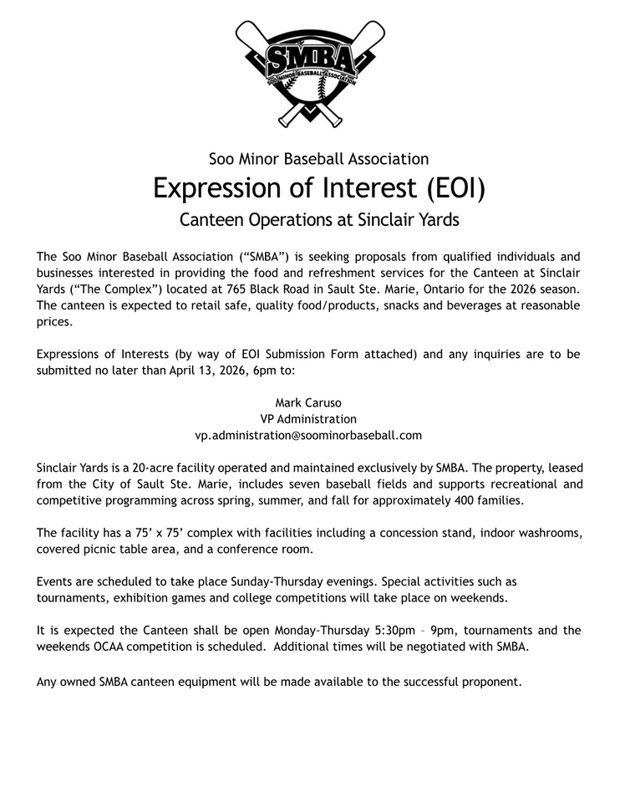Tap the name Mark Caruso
click(x=308, y=402)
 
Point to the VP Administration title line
click(x=308, y=419)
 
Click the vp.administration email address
click(x=308, y=435)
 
